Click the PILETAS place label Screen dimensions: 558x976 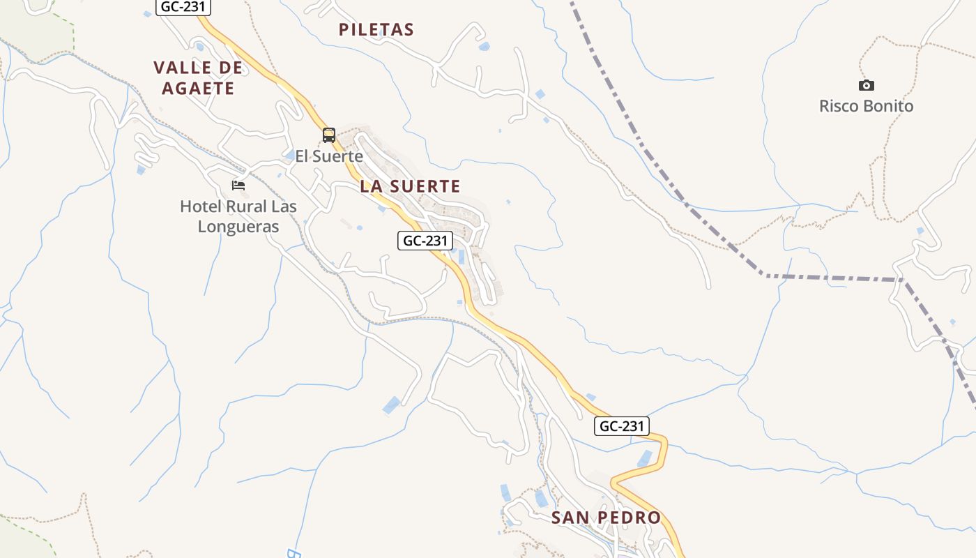376,30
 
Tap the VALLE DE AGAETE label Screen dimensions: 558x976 198,77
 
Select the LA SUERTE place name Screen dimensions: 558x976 410,186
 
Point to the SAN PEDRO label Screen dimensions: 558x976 605,518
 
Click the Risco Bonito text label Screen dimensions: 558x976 866,106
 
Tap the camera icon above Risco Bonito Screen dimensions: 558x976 866,85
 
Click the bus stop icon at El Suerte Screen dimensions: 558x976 329,135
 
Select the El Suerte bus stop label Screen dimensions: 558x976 329,156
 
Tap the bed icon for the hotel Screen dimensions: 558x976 238,186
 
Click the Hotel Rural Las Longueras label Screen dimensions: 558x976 238,216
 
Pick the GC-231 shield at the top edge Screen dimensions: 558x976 183,8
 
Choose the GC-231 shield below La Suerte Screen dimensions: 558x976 425,241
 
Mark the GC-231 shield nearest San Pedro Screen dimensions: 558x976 621,426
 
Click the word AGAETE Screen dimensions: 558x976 198,89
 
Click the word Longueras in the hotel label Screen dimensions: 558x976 238,227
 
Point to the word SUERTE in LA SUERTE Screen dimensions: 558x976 425,186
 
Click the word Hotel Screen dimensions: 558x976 199,206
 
